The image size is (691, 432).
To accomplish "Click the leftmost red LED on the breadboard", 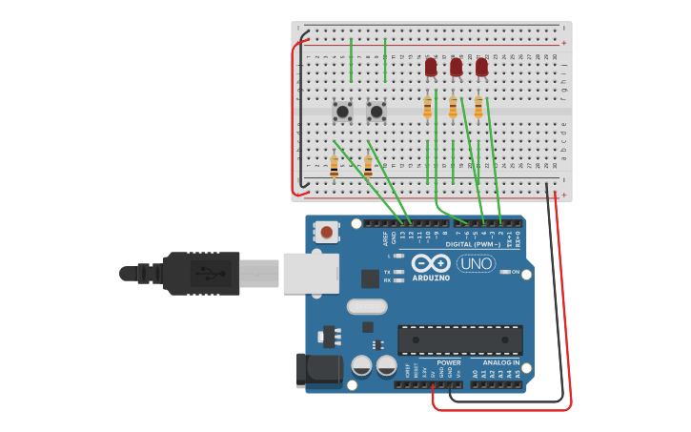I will pyautogui.click(x=431, y=67).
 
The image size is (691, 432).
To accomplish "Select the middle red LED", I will pyautogui.click(x=457, y=67).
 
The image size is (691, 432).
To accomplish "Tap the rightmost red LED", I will pyautogui.click(x=481, y=67).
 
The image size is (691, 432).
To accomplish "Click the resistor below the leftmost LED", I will pyautogui.click(x=427, y=107).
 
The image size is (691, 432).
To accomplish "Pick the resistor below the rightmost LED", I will pyautogui.click(x=478, y=107).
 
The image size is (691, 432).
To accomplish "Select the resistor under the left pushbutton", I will pyautogui.click(x=334, y=166).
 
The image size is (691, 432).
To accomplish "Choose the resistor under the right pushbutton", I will pyautogui.click(x=368, y=166).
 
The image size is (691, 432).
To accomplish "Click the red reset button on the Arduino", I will pyautogui.click(x=327, y=232).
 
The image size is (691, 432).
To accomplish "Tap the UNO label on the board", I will pyautogui.click(x=476, y=263).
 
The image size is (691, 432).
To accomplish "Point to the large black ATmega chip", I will pyautogui.click(x=459, y=340).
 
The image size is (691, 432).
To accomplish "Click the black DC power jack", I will pyautogui.click(x=318, y=370).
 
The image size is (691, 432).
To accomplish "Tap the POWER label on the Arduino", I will pyautogui.click(x=448, y=362).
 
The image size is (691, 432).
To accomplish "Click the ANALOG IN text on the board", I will pyautogui.click(x=501, y=362).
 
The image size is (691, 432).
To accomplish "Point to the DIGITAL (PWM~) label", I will pyautogui.click(x=473, y=244).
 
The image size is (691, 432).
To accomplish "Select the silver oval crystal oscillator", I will pyautogui.click(x=367, y=307).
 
